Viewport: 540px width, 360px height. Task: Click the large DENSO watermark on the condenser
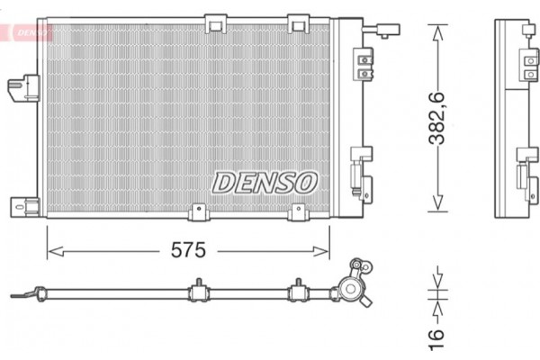265,182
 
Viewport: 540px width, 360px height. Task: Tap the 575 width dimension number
189,251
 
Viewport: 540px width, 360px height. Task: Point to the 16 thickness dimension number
437,335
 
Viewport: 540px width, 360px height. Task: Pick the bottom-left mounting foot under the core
197,211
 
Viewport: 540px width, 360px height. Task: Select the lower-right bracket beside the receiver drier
363,171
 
